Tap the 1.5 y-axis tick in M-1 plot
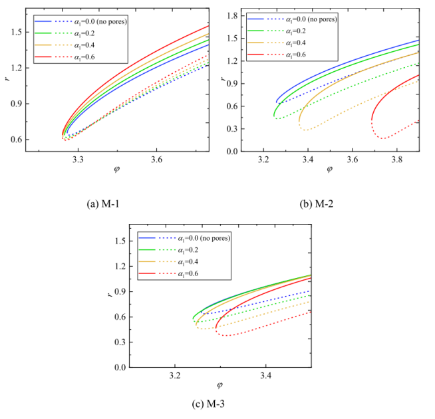tap(17, 32)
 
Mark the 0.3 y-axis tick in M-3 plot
tap(119, 342)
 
